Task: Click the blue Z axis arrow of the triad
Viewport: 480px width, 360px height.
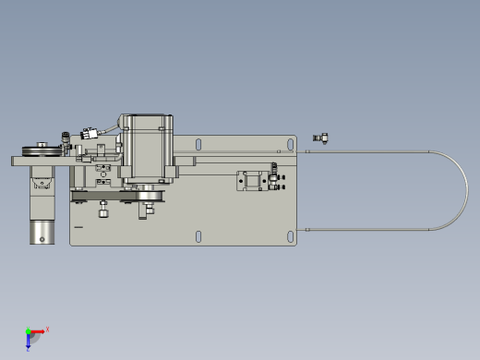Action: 29,343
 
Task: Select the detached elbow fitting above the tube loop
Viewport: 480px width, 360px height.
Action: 320,138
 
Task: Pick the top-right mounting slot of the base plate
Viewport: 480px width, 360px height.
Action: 291,144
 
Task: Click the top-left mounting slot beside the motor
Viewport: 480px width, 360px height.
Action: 198,143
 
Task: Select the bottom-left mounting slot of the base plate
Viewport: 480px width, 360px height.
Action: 198,235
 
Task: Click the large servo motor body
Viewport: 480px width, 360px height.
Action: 148,148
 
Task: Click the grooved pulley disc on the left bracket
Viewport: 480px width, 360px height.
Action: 41,150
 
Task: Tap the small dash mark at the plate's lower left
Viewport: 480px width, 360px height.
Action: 78,226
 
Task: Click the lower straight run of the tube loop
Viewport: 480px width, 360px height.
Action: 369,227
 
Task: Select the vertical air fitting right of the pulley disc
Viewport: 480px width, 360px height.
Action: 66,140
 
